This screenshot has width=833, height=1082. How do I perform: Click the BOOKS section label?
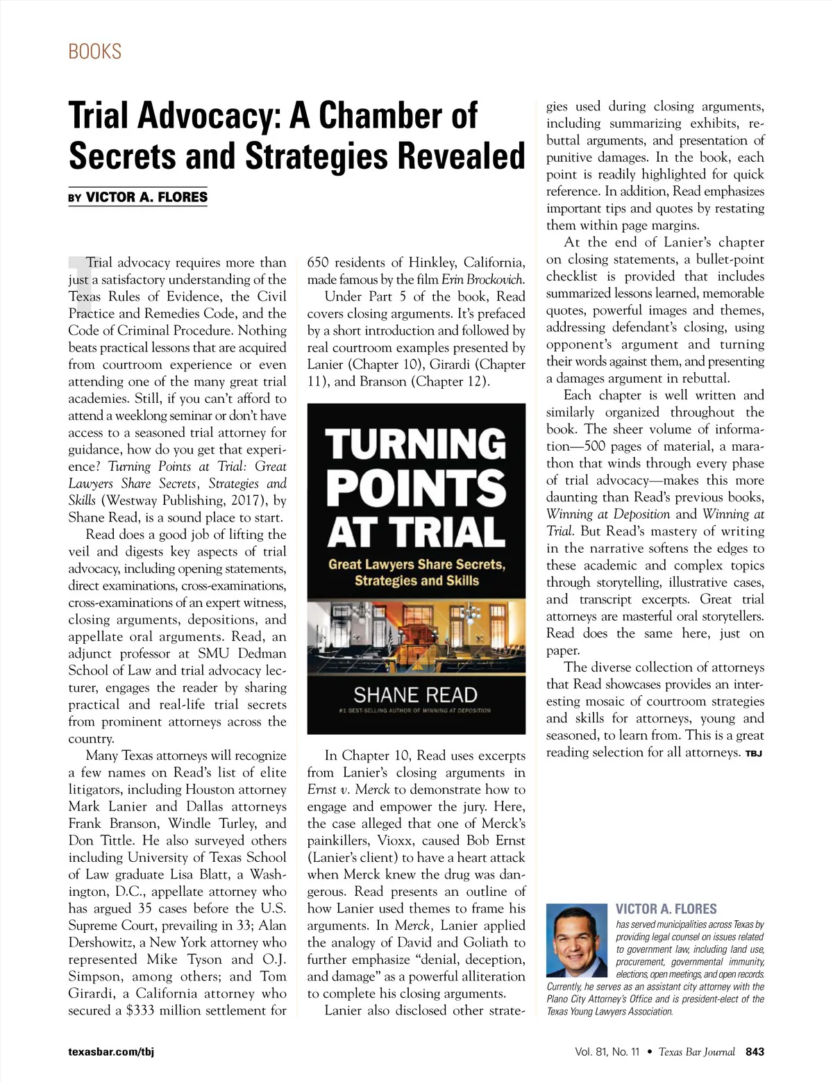[x=94, y=51]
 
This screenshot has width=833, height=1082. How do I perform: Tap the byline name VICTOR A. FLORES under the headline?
[x=146, y=197]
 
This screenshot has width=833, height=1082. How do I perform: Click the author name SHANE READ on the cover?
[x=415, y=694]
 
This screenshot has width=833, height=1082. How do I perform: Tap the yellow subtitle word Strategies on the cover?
[x=387, y=581]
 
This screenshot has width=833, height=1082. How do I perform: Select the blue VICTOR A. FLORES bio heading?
[x=666, y=909]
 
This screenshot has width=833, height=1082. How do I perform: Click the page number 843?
[x=754, y=1051]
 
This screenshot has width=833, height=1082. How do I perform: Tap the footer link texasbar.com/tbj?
[x=111, y=1051]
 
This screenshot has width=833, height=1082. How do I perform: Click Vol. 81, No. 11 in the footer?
[x=607, y=1051]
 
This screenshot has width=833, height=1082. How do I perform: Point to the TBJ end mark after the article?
[x=753, y=754]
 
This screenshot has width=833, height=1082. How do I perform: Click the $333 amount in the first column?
[x=141, y=1010]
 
